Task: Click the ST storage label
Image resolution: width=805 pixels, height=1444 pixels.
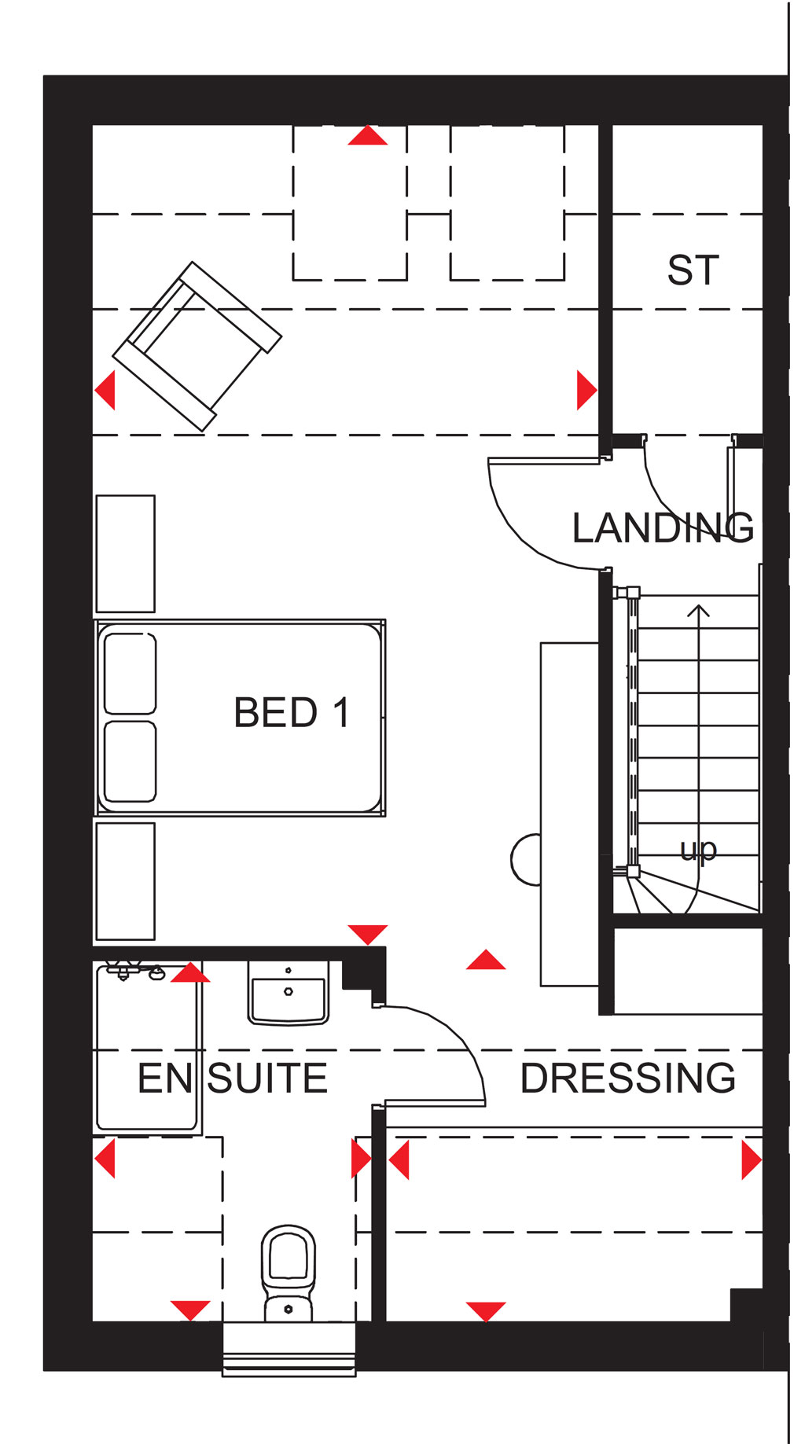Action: pos(693,270)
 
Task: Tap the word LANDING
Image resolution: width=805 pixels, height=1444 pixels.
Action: pos(663,527)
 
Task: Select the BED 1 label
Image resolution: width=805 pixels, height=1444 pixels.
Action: pos(291,713)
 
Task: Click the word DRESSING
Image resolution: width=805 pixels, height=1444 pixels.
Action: pos(627,1078)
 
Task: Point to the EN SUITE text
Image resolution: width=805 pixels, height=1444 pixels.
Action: pos(232,1078)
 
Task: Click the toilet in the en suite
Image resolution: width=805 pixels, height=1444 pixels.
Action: pos(289,1273)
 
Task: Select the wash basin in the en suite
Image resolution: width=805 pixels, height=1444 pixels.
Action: pos(289,993)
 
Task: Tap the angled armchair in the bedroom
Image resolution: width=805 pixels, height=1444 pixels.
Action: pos(197,346)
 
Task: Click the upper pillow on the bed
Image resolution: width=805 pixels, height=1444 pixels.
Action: pos(130,674)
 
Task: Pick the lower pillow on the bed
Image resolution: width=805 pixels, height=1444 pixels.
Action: pos(130,762)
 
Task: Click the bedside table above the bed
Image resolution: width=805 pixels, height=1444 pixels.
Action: pos(125,553)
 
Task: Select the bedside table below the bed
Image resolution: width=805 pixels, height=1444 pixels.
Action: pos(125,881)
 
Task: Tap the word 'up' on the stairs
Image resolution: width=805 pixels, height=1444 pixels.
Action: pos(698,850)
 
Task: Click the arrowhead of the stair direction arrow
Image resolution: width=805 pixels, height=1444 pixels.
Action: pos(698,610)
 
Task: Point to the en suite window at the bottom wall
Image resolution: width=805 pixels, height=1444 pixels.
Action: pos(289,1349)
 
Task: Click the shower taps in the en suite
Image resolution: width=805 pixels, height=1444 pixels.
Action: pos(134,971)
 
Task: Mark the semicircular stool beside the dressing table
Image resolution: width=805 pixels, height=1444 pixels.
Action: pos(526,860)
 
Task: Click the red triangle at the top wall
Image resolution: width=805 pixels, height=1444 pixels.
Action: pos(368,136)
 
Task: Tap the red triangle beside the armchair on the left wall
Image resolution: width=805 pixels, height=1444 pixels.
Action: pos(105,390)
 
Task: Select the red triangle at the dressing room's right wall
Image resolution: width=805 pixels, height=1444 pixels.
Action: pos(752,1160)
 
